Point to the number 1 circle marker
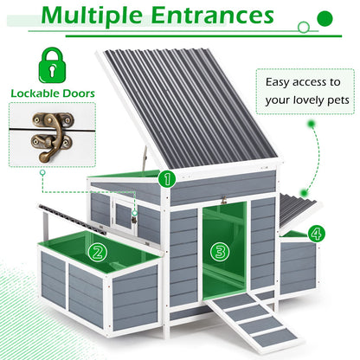coord(166,179)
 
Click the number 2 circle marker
coord(97,253)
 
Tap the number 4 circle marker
coord(316,234)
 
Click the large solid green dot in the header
coord(325,16)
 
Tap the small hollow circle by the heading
coord(304,28)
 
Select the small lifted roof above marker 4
coord(299,208)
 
